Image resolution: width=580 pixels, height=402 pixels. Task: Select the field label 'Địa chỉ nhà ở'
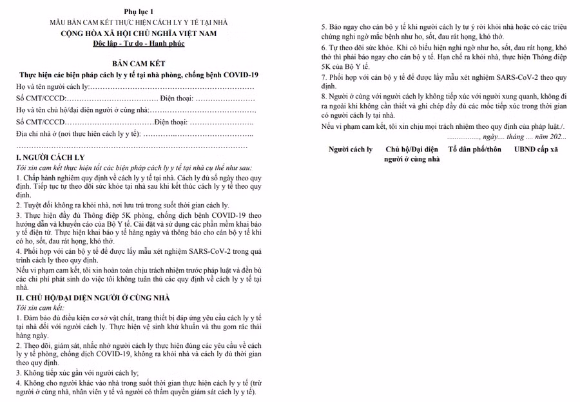[39, 133]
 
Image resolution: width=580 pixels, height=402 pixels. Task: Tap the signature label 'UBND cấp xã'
[536, 149]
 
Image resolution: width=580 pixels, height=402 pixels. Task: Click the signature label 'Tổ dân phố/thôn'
[474, 149]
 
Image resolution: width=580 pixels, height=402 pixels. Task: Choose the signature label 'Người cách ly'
[351, 149]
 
